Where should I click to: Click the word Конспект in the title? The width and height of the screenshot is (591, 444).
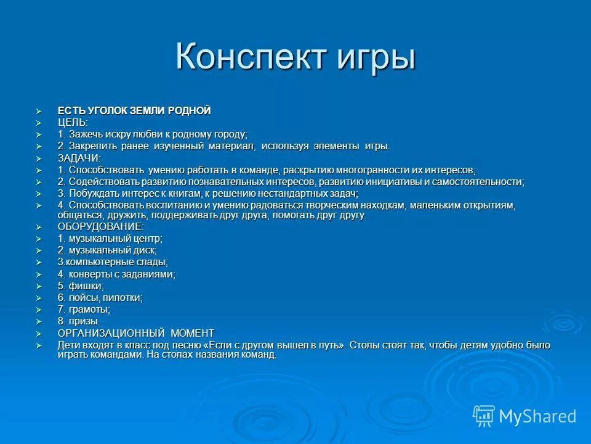pos(252,57)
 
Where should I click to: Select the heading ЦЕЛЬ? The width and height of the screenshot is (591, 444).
pos(73,122)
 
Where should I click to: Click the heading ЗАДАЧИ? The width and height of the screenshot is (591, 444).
pos(79,158)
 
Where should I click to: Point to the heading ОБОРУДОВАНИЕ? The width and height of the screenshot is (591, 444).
pos(101,226)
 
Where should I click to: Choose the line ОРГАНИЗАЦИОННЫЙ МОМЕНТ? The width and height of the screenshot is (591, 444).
pos(136,333)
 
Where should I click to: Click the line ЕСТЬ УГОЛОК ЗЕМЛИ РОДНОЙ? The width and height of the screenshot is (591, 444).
pos(134,110)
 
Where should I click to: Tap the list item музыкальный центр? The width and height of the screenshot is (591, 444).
pos(110,238)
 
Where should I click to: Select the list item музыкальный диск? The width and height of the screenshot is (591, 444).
pos(107,250)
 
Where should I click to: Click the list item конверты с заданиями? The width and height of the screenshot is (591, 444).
pos(116,274)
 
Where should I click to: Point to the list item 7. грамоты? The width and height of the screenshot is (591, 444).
pos(84,310)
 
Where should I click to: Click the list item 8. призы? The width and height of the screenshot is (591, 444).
pos(79,321)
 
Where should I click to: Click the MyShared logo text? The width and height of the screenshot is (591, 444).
pos(537,416)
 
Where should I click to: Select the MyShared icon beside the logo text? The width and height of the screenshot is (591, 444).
pos(484,416)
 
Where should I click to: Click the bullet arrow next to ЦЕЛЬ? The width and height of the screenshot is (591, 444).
pos(39,123)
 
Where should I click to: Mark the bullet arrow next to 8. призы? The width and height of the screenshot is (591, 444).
pos(39,321)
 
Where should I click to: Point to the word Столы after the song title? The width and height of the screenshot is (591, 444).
pos(363,345)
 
